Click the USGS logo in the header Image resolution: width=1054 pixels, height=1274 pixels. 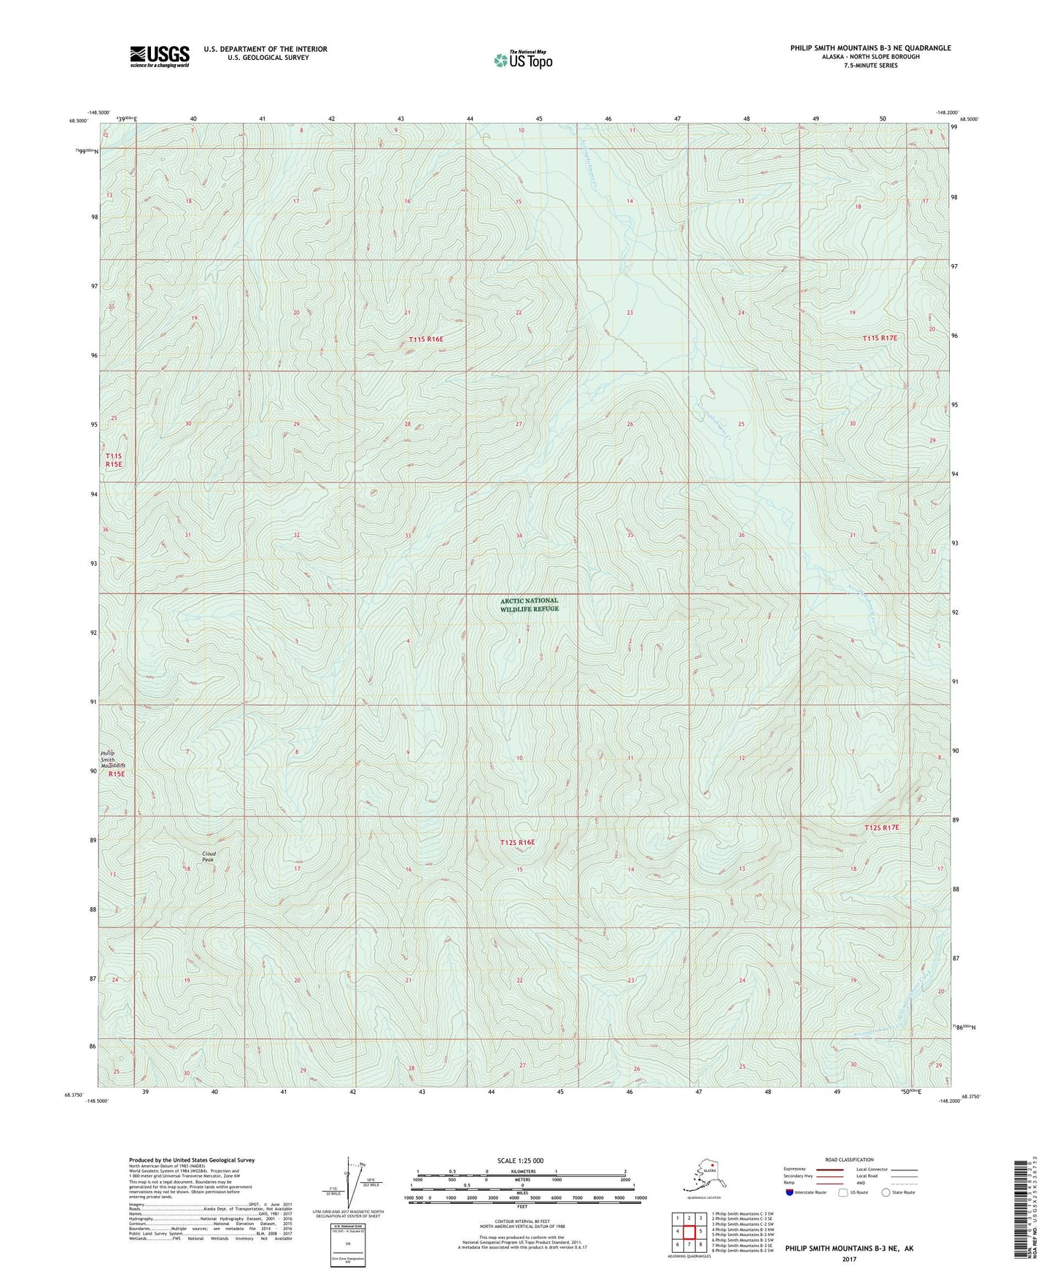pyautogui.click(x=160, y=56)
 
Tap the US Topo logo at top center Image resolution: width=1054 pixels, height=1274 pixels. pyautogui.click(x=522, y=60)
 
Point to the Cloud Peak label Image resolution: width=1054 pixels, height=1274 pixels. pyautogui.click(x=209, y=857)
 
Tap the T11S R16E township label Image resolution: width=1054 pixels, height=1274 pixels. pyautogui.click(x=426, y=339)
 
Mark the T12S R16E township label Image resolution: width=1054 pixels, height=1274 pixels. pyautogui.click(x=517, y=843)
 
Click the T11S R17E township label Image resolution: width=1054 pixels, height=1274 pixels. pyautogui.click(x=879, y=339)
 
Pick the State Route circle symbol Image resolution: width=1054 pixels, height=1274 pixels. pyautogui.click(x=886, y=1192)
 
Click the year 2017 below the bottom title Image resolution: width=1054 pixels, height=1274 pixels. pyautogui.click(x=848, y=1259)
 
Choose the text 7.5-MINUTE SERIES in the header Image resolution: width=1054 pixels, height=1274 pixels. pyautogui.click(x=870, y=66)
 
